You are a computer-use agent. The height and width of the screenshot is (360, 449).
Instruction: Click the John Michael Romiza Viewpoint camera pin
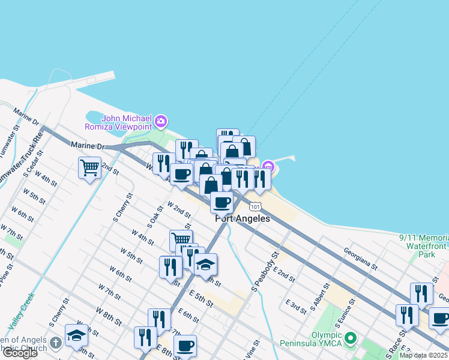[160, 122]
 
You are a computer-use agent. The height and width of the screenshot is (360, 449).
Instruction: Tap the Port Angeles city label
[243, 219]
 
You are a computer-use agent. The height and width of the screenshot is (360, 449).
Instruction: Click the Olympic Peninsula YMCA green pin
[351, 339]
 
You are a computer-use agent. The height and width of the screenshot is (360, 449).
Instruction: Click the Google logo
[19, 353]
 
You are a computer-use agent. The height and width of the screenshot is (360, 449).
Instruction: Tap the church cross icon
[55, 343]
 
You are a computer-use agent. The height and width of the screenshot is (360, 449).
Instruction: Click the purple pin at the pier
[267, 166]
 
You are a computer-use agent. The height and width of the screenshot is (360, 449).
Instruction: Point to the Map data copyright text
[423, 355]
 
